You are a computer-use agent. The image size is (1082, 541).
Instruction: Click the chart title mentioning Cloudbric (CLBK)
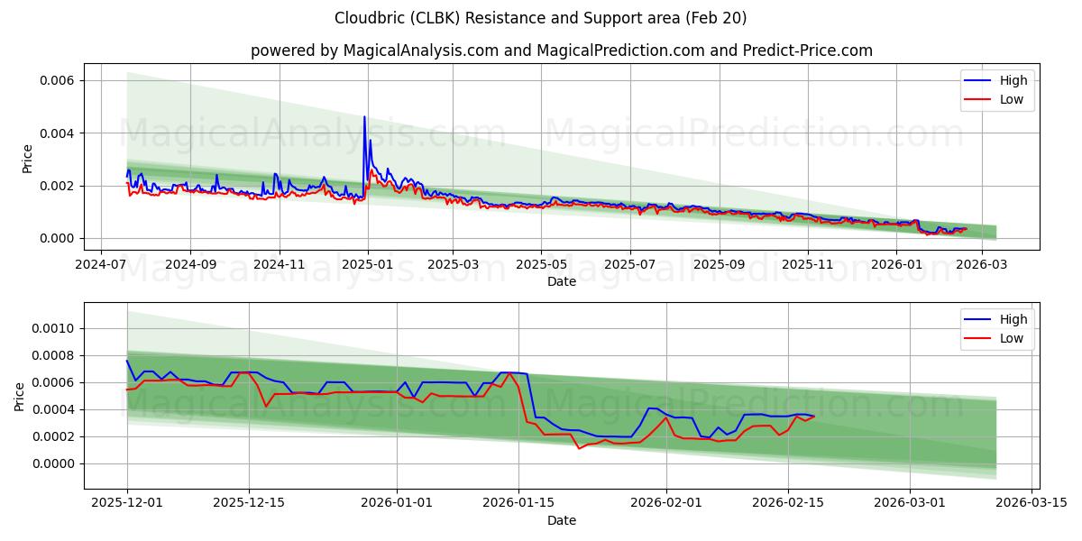tap(540, 18)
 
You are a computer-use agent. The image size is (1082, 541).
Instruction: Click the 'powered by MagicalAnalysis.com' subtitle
tap(561, 50)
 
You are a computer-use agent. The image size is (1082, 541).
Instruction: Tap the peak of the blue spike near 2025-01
tap(364, 116)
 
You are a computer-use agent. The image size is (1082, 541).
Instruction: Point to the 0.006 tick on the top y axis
tap(56, 80)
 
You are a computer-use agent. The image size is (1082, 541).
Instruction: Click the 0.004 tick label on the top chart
tap(56, 133)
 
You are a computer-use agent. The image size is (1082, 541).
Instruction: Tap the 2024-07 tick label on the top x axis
tap(100, 265)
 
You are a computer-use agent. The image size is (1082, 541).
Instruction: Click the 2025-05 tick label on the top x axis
tap(541, 265)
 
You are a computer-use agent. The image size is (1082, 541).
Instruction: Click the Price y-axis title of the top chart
tap(27, 159)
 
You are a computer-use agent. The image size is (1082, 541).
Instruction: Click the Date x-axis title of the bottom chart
tap(561, 520)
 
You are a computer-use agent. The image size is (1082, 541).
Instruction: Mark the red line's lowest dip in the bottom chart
tap(579, 448)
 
